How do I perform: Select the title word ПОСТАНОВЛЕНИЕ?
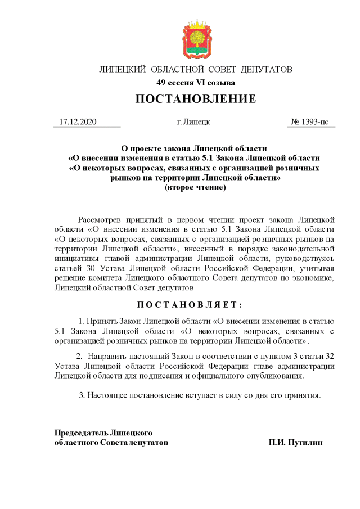[x=195, y=100]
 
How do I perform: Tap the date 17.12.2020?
[x=78, y=122]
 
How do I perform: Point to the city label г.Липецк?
[x=193, y=122]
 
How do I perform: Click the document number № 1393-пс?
[x=310, y=122]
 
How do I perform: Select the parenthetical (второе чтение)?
[x=195, y=187]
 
